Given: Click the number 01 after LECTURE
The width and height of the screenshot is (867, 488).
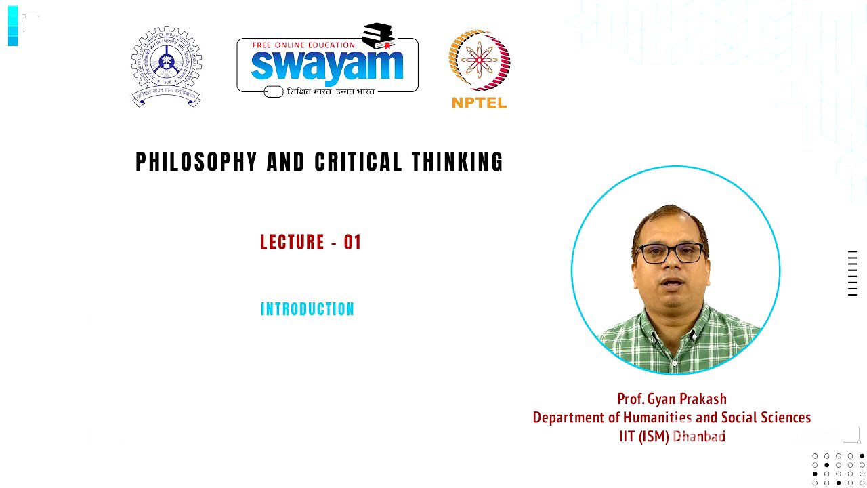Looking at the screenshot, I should [352, 243].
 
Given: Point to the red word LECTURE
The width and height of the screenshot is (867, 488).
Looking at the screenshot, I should [293, 243].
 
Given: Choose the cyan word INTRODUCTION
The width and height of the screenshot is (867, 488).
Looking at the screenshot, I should [308, 310].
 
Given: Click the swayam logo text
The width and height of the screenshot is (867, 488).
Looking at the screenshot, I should [326, 66].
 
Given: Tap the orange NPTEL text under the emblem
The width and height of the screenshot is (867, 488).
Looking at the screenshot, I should [479, 103].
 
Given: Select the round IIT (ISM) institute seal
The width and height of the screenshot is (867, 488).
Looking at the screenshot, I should [166, 66].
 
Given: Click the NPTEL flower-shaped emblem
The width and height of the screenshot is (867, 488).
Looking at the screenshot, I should [480, 60].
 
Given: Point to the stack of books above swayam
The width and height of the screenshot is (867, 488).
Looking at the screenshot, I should [378, 35].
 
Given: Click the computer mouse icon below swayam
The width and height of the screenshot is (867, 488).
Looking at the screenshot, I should [274, 91].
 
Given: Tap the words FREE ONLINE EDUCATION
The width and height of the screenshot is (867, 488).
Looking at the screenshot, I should [303, 45].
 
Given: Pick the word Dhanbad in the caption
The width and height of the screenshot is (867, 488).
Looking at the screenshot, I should [699, 436].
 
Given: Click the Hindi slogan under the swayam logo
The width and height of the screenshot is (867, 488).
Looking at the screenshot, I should [331, 91].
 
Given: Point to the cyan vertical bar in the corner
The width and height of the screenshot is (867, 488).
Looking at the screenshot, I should [13, 26].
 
